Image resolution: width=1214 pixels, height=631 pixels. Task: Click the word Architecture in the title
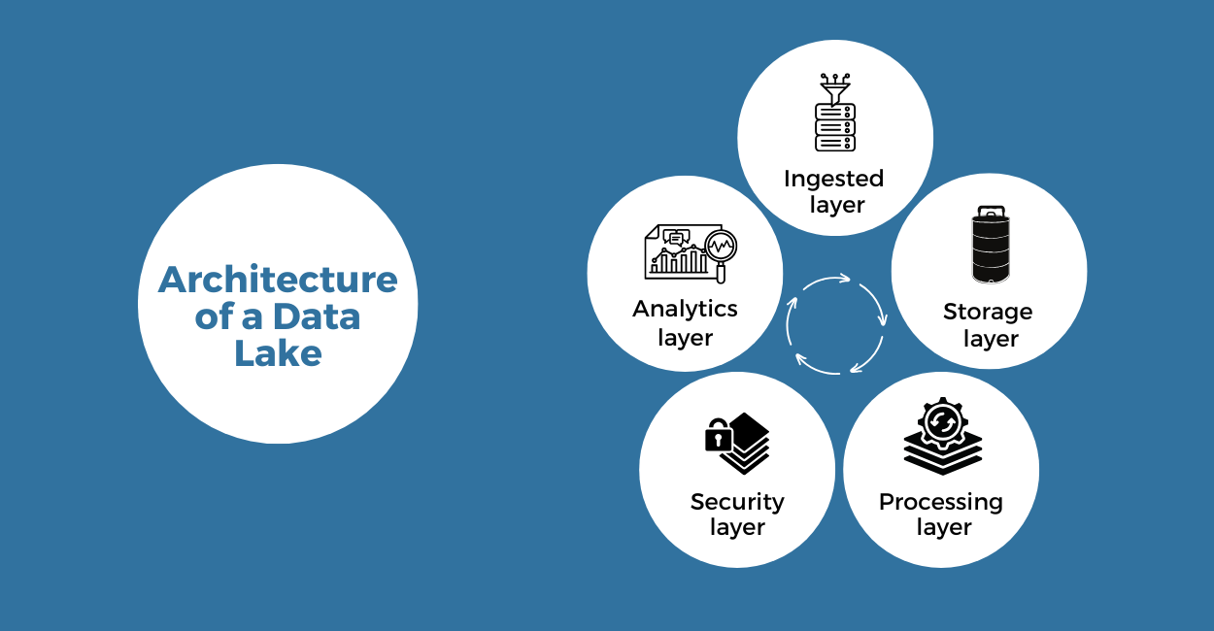pyautogui.click(x=278, y=280)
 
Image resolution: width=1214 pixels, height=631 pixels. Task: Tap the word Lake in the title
pyautogui.click(x=278, y=352)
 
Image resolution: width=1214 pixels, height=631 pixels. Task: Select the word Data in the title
pyautogui.click(x=316, y=316)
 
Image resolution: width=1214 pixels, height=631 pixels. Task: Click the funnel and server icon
pyautogui.click(x=834, y=114)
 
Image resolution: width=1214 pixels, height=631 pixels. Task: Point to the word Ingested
pyautogui.click(x=833, y=179)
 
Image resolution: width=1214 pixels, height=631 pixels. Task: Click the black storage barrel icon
pyautogui.click(x=990, y=245)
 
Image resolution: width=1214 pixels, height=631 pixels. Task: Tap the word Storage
pyautogui.click(x=988, y=312)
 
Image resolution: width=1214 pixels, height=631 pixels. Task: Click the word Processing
pyautogui.click(x=940, y=502)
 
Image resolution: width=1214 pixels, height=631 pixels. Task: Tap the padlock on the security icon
pyautogui.click(x=718, y=437)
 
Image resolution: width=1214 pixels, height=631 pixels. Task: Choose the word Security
pyautogui.click(x=737, y=502)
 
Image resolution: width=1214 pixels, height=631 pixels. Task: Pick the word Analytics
pyautogui.click(x=685, y=309)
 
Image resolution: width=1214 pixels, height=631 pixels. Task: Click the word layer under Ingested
pyautogui.click(x=836, y=205)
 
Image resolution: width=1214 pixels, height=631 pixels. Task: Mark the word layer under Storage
pyautogui.click(x=990, y=339)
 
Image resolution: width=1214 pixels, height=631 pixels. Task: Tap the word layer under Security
pyautogui.click(x=737, y=528)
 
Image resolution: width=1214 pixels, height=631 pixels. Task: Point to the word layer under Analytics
pyautogui.click(x=685, y=338)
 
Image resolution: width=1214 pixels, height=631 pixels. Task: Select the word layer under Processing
pyautogui.click(x=943, y=528)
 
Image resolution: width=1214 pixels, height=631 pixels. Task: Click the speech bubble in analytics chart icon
pyautogui.click(x=677, y=238)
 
